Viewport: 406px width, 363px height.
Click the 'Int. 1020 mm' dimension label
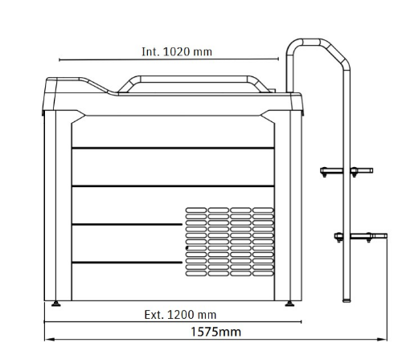(177, 51)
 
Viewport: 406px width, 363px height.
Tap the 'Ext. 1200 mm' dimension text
(180, 315)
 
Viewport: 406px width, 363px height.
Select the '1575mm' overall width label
(215, 332)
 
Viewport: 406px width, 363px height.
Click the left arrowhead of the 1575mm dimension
(49, 339)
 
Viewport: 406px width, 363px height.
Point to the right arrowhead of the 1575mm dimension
(382, 339)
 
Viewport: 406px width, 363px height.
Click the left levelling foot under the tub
(55, 304)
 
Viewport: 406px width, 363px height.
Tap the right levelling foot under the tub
(289, 304)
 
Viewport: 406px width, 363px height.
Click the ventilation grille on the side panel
(230, 242)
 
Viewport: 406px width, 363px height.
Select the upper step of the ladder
(347, 171)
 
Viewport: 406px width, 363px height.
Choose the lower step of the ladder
(360, 237)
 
